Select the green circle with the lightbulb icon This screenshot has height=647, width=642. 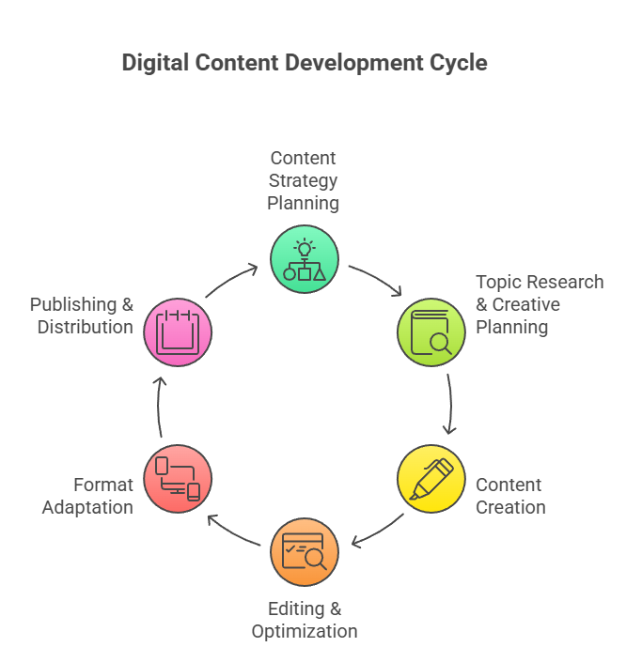tap(305, 258)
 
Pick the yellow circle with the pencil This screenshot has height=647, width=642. tap(431, 478)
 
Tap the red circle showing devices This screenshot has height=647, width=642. tap(178, 478)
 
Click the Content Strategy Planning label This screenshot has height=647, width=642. tap(303, 180)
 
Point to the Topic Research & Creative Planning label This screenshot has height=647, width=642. tap(539, 304)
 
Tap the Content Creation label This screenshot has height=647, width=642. tap(510, 496)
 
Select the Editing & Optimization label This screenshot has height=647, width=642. tap(305, 620)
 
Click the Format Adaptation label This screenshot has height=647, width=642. tap(103, 496)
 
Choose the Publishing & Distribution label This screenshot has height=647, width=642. tap(82, 316)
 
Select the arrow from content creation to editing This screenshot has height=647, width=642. tap(377, 532)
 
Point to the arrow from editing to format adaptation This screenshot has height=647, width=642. tap(232, 531)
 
